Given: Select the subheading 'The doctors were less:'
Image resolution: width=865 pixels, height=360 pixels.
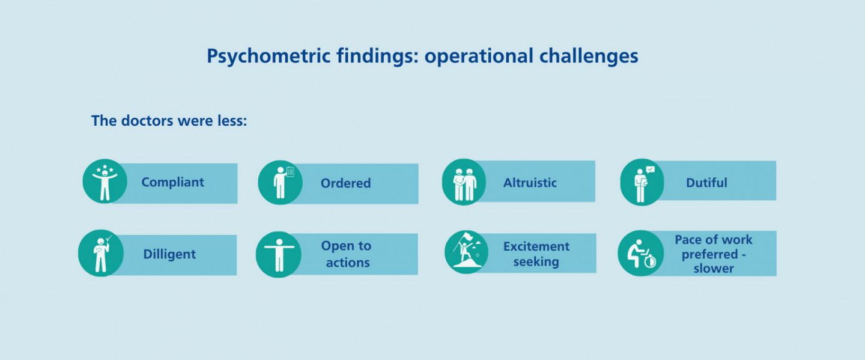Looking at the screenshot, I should coord(169,121).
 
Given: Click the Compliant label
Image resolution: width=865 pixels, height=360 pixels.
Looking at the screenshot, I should coord(172,182).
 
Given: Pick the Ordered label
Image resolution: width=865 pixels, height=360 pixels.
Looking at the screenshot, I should coord(345,183).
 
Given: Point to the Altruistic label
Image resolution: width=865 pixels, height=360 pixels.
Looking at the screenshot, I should coord(530,182).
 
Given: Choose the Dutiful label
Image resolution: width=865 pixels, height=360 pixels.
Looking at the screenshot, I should coord(706,182).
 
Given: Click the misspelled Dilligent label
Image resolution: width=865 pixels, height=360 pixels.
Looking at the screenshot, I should coord(169,254).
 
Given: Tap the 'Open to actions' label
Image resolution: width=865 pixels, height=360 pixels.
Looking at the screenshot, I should coord(346,254).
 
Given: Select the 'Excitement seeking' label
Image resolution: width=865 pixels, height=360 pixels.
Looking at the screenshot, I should coord(536,254).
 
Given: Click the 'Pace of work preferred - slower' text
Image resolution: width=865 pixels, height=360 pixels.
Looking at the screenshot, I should coord(714,254).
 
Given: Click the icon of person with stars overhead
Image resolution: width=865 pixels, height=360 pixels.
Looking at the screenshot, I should coord(105,182).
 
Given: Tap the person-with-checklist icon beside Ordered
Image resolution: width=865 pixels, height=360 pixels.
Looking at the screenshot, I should coord(281,182).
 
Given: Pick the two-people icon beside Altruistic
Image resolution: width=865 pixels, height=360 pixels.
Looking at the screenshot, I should coord(464,182).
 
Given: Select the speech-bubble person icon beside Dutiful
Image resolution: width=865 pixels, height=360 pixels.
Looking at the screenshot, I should coord(642,182).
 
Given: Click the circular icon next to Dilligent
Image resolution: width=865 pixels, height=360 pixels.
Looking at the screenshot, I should coord(101,253).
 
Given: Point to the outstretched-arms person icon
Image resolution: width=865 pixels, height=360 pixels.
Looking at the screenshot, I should coord(278,254).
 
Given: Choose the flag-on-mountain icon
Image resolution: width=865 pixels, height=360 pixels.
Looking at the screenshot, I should coord(467,251).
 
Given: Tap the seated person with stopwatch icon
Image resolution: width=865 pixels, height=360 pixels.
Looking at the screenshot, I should coord(640,253).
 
